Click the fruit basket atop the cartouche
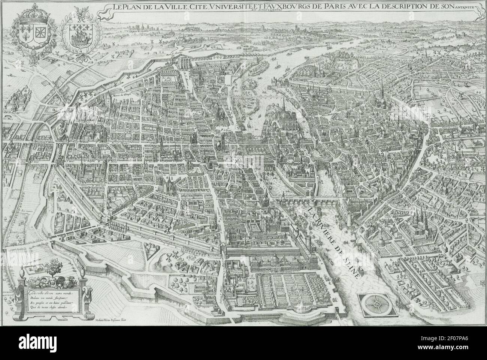click(52, 268)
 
